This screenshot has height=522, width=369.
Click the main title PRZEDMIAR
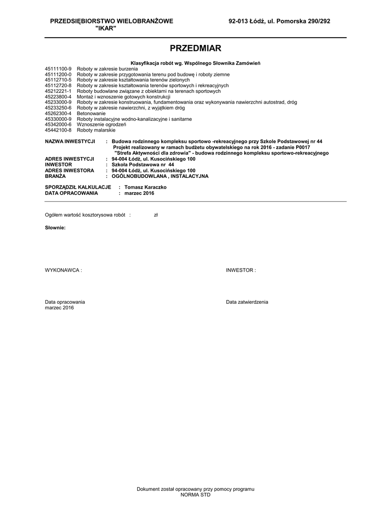click(x=195, y=48)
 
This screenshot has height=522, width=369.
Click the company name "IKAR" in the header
click(x=106, y=28)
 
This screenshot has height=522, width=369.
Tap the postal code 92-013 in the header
click(x=239, y=21)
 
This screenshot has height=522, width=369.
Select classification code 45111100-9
click(x=59, y=68)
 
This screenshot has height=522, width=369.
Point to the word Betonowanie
click(x=91, y=113)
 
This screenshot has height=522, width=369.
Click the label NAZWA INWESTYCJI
click(x=70, y=141)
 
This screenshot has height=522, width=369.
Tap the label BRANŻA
click(x=56, y=176)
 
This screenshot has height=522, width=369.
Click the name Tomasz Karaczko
click(x=145, y=187)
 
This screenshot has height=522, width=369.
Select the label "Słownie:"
click(x=55, y=227)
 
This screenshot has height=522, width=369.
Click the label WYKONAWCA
click(x=63, y=270)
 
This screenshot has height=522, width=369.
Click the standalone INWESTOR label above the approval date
click(x=240, y=270)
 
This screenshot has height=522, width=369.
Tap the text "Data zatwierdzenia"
click(x=247, y=302)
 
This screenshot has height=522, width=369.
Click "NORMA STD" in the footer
click(x=195, y=494)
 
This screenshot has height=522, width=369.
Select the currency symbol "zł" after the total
click(x=156, y=215)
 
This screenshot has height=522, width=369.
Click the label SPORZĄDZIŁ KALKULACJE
click(x=78, y=187)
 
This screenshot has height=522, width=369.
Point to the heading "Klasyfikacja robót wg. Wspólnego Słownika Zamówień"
click(x=195, y=63)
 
